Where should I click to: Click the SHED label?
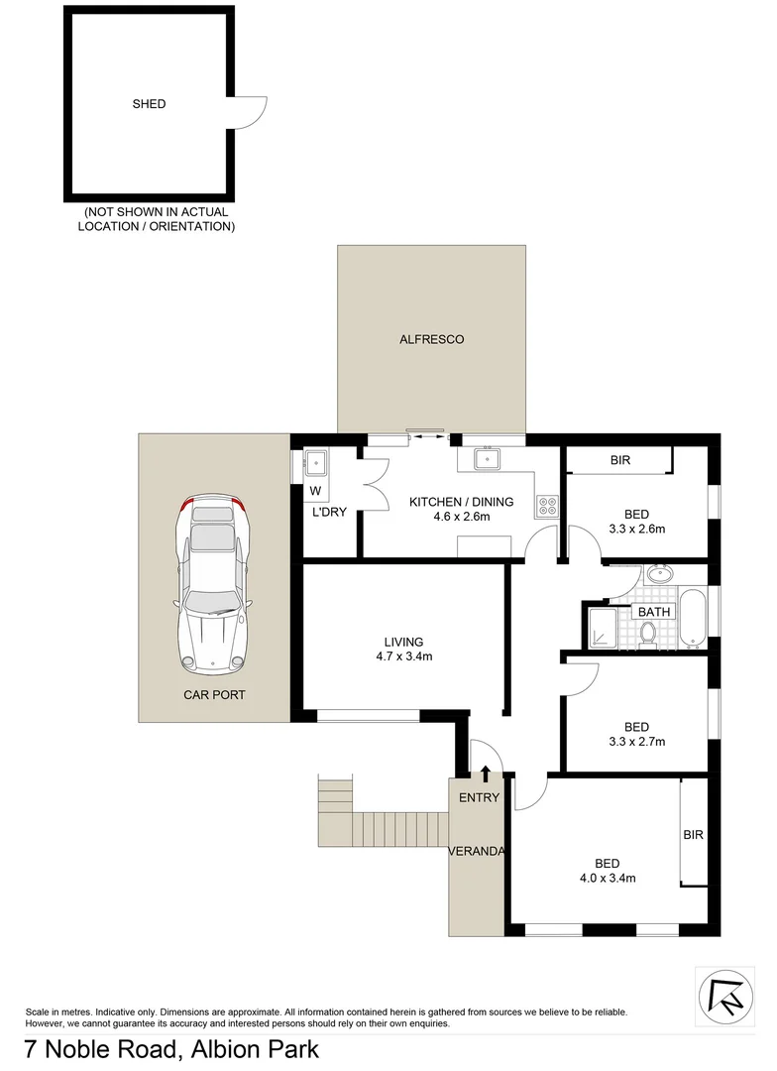pos(150,104)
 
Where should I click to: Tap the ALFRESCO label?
pos(431,339)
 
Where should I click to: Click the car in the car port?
pos(212,581)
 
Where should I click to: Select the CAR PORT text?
pos(213,695)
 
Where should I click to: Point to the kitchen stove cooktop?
pos(546,507)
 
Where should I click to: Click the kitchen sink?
pos(487,459)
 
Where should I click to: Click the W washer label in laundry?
pos(315,491)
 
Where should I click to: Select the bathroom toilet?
pos(648,633)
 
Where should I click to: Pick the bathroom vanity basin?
pos(657,575)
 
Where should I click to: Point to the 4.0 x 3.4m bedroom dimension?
pos(608,878)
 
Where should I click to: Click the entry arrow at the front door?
pos(486,773)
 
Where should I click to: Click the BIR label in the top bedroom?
pos(621,460)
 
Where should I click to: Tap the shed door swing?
pos(250,112)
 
